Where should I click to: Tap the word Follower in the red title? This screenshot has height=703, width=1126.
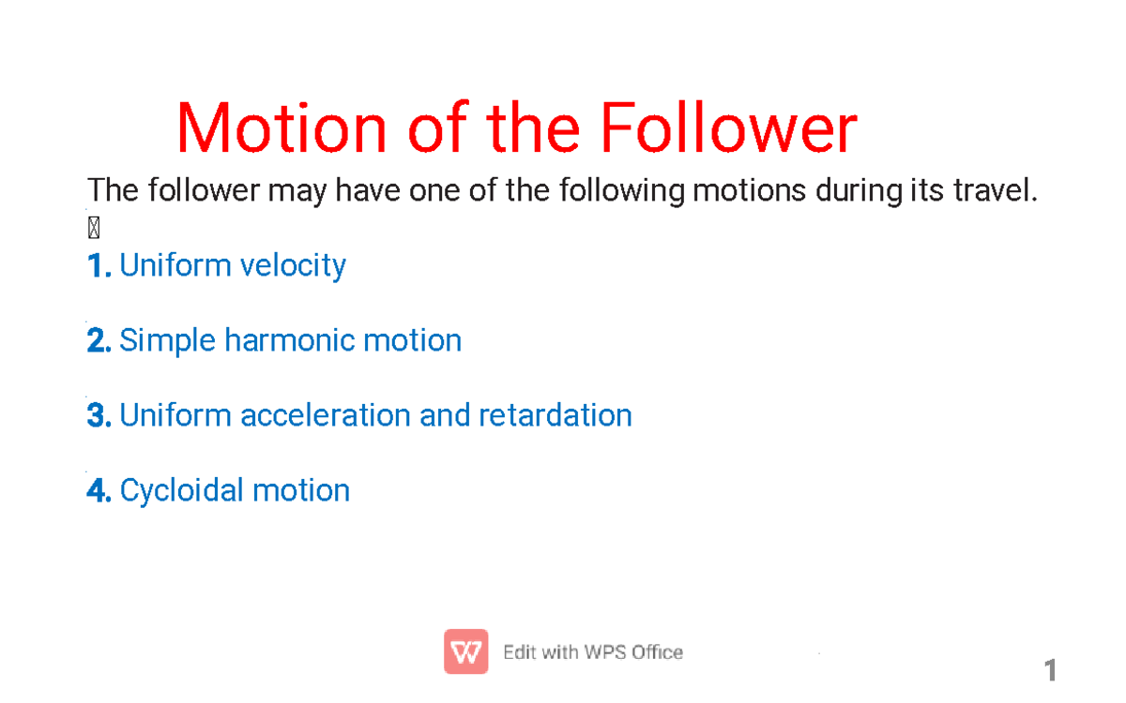pos(728,129)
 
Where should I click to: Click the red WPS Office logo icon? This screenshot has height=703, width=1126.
pos(465,651)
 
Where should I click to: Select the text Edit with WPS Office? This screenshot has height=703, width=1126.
pos(593,652)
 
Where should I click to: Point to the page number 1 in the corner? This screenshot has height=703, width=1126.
pos(1051,670)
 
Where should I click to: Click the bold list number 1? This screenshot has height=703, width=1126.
pos(99,266)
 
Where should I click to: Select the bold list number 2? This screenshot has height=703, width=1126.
pos(99,341)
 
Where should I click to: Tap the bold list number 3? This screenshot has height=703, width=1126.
pos(99,416)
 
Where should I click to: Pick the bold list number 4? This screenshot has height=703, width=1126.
pos(99,491)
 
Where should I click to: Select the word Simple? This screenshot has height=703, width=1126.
pos(168,341)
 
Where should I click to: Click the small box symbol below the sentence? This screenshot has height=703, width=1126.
pos(93,228)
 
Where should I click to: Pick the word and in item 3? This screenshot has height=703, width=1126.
pos(448,415)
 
